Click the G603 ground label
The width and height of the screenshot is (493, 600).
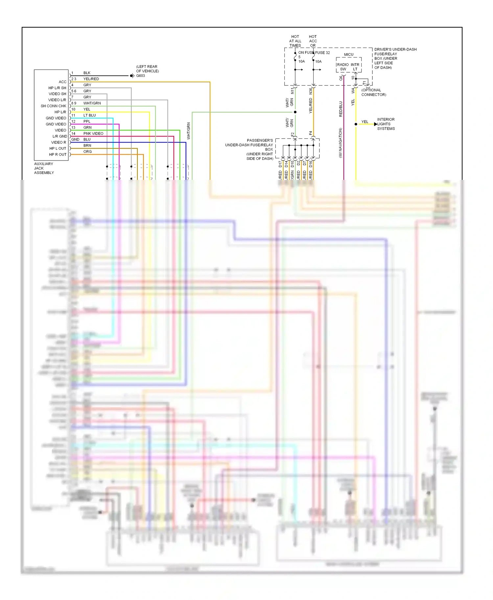(x=140, y=76)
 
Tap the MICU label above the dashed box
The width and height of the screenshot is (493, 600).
(x=348, y=54)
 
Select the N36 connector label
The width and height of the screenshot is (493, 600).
(x=311, y=91)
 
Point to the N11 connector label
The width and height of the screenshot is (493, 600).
(x=292, y=91)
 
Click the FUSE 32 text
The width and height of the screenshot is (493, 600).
(x=322, y=53)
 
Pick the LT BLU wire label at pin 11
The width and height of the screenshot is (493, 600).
(x=89, y=115)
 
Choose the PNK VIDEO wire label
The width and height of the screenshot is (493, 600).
(x=93, y=134)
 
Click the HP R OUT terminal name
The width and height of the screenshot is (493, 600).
(x=58, y=155)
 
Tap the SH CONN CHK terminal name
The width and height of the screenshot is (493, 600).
(x=53, y=106)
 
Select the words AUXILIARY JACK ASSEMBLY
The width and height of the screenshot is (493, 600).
(x=44, y=168)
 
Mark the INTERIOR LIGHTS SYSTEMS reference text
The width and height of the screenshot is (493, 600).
(x=386, y=124)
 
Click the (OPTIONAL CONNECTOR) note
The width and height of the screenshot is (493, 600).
(x=373, y=92)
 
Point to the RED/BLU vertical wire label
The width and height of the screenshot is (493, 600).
(x=340, y=109)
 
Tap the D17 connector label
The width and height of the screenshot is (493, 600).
(x=280, y=163)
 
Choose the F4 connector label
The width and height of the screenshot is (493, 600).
(x=311, y=133)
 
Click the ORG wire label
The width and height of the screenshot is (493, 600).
(x=87, y=152)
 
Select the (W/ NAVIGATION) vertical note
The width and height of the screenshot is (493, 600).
(x=340, y=143)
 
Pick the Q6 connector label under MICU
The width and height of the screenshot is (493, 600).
(x=341, y=78)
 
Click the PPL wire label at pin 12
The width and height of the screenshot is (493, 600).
(x=87, y=121)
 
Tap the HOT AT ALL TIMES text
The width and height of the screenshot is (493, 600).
(x=295, y=41)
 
